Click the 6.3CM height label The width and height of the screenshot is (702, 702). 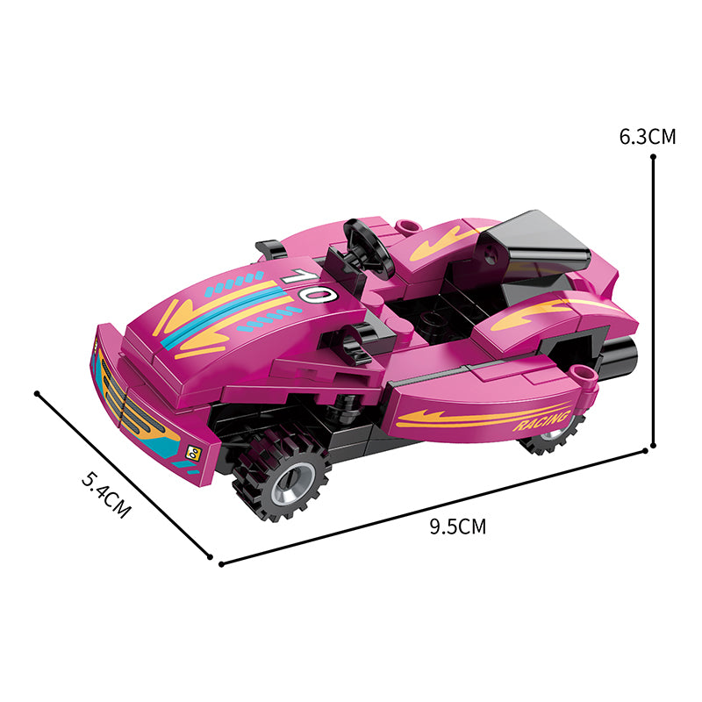648,137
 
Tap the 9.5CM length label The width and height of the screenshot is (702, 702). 457,526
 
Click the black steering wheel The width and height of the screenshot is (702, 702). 369,247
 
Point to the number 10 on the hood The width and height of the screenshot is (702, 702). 310,286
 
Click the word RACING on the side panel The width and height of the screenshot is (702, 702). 541,421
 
